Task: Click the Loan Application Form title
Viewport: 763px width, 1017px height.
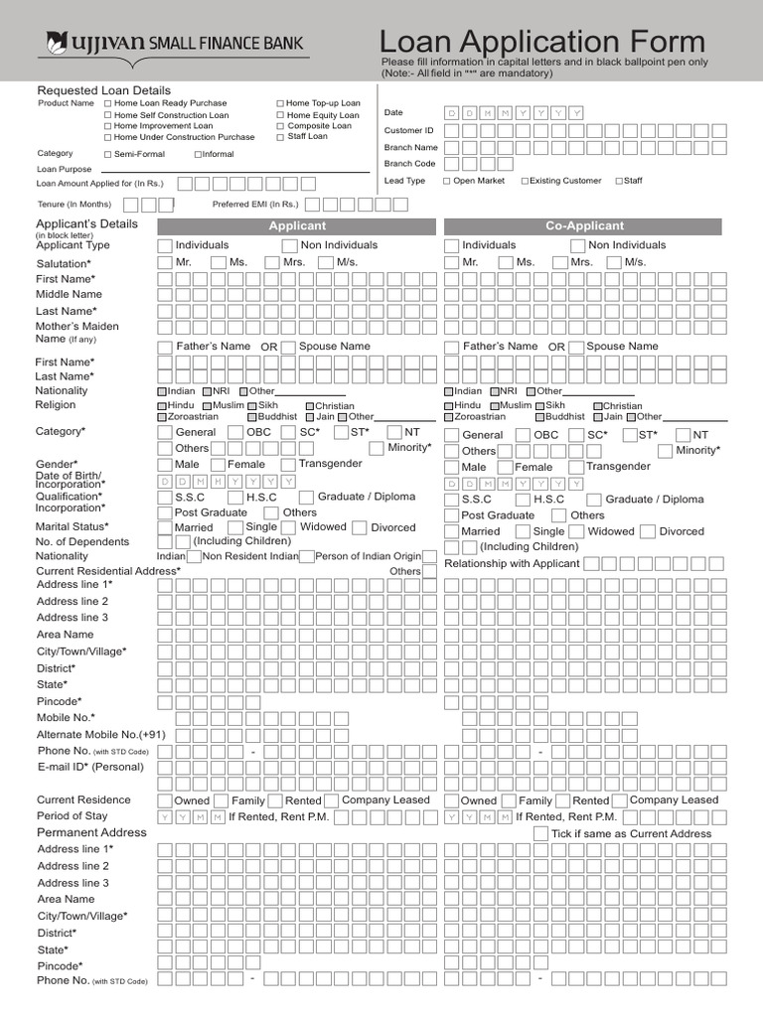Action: [542, 41]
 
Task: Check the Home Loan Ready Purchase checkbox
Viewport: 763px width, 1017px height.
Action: [107, 103]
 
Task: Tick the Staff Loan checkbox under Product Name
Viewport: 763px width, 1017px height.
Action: [280, 137]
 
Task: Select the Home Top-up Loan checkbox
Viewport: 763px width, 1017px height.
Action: [280, 103]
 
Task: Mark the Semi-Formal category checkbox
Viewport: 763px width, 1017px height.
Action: [107, 155]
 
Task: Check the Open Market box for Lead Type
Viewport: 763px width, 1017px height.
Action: [447, 182]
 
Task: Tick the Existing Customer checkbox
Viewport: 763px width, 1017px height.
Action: [525, 182]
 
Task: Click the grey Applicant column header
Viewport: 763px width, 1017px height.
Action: [297, 226]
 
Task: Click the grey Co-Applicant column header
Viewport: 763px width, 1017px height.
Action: [584, 226]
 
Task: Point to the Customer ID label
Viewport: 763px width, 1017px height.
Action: [409, 130]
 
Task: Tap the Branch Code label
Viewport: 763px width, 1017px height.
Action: [410, 164]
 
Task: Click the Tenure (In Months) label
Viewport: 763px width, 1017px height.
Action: [75, 205]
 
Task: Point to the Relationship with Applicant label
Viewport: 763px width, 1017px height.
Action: [512, 564]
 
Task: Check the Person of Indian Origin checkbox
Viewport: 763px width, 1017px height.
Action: [308, 557]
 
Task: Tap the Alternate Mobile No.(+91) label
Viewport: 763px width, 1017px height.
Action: [100, 735]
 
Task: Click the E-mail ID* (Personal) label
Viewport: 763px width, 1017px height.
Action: [90, 767]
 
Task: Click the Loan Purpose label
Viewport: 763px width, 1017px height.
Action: [65, 170]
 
